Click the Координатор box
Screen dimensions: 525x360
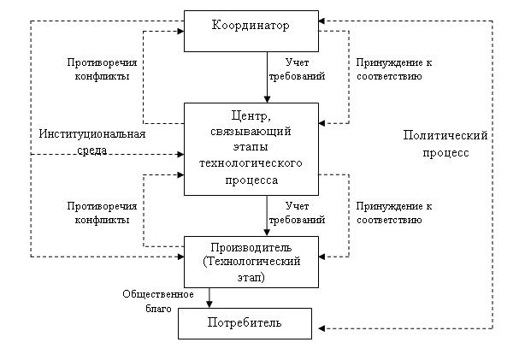point(251,31)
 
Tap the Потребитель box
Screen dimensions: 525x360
point(245,323)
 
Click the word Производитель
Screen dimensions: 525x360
point(251,248)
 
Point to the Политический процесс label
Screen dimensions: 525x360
point(445,144)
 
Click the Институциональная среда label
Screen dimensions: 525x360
point(92,142)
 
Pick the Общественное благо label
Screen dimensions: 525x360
point(158,301)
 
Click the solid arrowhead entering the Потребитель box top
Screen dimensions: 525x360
point(209,304)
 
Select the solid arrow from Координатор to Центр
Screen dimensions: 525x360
point(267,77)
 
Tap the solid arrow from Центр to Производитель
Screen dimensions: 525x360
point(267,216)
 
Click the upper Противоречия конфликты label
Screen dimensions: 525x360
point(102,69)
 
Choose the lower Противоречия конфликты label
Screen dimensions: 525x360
point(102,213)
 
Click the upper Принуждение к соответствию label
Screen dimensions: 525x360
point(394,69)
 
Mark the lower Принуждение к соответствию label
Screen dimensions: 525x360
point(394,213)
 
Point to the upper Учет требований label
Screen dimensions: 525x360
point(297,69)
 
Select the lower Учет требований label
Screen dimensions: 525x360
point(297,213)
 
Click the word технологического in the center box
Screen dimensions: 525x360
point(251,163)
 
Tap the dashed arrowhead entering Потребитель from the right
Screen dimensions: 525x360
point(321,328)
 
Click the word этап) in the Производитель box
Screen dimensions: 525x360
point(251,278)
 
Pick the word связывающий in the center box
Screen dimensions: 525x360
point(251,132)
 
